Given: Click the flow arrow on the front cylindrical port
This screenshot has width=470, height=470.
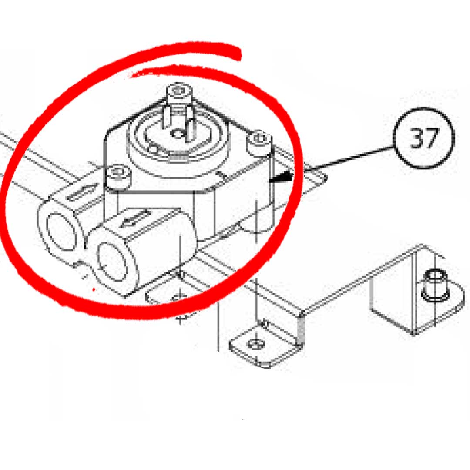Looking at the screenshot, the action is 137,218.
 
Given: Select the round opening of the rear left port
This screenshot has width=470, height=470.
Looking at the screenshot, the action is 61,231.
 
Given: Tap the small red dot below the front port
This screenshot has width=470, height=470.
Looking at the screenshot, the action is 94,289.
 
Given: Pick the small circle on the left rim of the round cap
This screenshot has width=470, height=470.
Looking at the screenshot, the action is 154,149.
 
